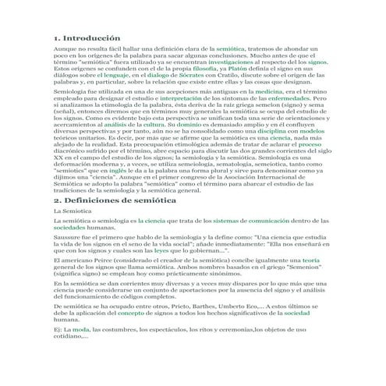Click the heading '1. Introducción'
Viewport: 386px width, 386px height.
point(87,37)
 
